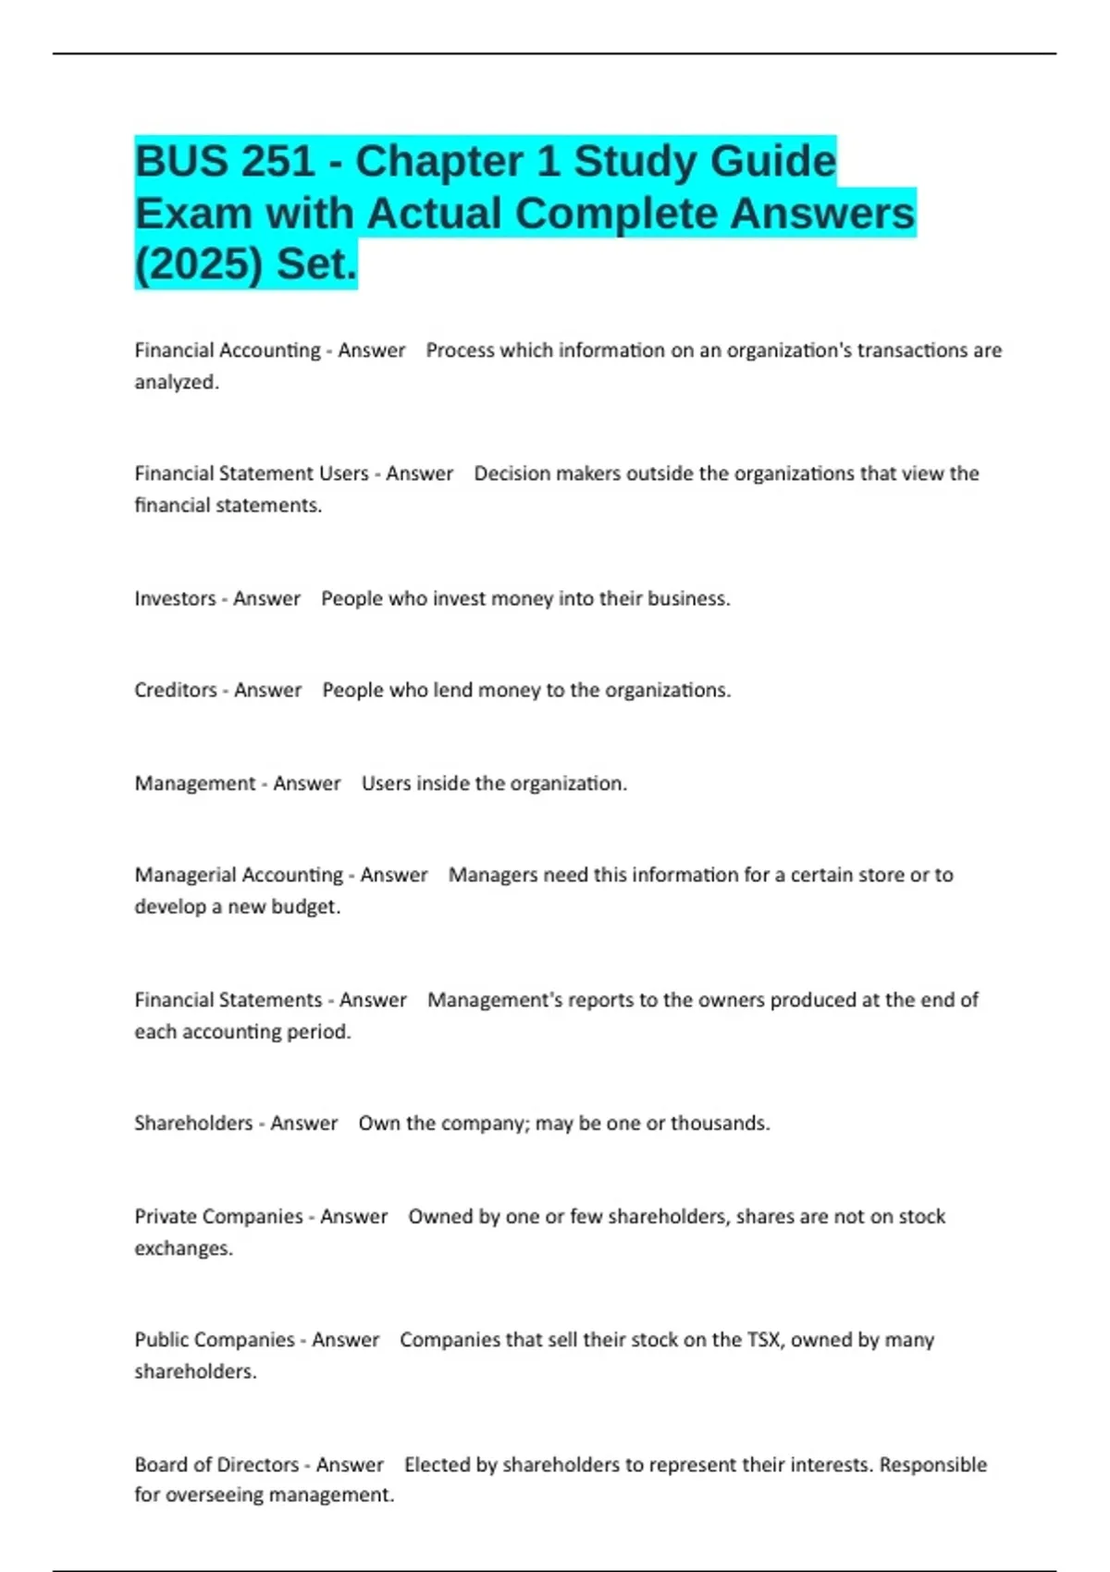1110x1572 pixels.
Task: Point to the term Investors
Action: click(175, 599)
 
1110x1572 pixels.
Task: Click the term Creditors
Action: click(176, 691)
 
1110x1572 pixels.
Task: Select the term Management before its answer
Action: click(194, 784)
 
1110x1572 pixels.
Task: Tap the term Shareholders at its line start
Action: click(193, 1124)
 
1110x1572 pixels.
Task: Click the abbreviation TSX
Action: click(763, 1340)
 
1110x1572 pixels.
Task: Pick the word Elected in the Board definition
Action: click(437, 1465)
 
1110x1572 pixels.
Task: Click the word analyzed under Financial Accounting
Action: click(176, 382)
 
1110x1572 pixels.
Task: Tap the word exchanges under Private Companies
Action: click(182, 1248)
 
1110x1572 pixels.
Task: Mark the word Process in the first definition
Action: click(460, 351)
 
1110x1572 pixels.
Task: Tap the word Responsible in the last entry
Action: click(932, 1465)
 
